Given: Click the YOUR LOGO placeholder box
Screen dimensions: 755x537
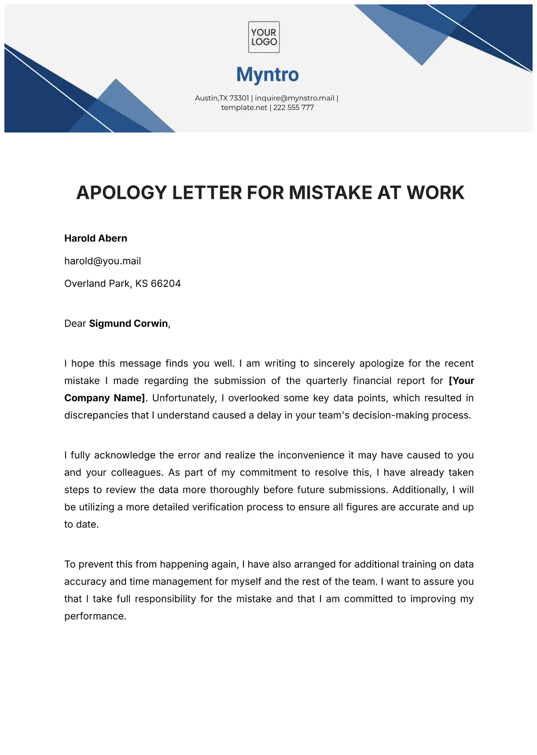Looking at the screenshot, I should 264,37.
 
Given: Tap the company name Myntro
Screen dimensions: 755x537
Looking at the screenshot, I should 268,75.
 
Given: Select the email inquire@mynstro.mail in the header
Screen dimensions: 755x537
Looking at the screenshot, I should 294,98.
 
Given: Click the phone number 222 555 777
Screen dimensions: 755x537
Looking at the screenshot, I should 294,108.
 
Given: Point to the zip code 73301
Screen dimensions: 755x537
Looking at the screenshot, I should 239,98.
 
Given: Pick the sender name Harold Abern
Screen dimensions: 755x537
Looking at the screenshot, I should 96,238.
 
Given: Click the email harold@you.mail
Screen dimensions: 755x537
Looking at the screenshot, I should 103,261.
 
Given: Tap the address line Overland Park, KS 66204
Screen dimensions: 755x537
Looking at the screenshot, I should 122,284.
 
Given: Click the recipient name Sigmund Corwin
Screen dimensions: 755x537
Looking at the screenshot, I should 129,324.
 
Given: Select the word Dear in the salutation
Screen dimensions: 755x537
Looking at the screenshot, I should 75,324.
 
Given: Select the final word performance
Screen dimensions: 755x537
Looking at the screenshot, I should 95,616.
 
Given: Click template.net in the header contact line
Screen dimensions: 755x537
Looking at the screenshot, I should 244,108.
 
